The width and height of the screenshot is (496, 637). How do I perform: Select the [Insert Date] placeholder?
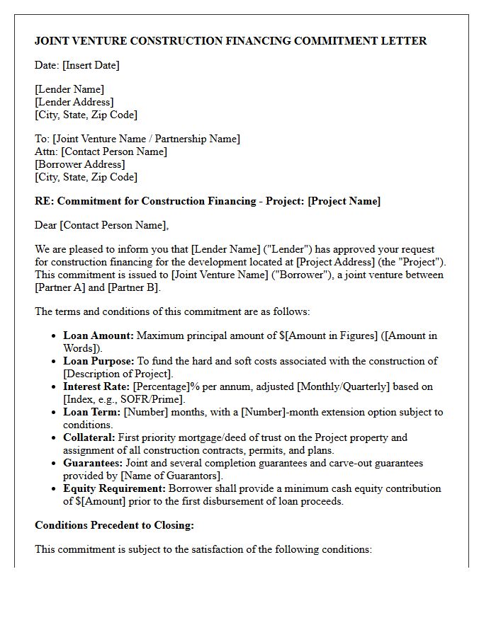(91, 65)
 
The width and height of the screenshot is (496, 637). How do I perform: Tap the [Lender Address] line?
(74, 102)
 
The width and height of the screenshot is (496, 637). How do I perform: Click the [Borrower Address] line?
(79, 164)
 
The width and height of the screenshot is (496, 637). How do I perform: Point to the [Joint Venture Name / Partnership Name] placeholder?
(146, 139)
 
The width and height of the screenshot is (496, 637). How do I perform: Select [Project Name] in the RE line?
(344, 201)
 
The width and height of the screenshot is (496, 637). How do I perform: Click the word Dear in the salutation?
(46, 225)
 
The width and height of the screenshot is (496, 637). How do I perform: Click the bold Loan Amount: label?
(98, 335)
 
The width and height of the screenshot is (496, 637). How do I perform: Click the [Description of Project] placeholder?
(117, 374)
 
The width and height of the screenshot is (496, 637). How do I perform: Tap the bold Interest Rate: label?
(96, 386)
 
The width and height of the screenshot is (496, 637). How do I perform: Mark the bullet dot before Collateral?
(55, 438)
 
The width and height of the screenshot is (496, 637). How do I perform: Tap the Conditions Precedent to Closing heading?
(114, 525)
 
